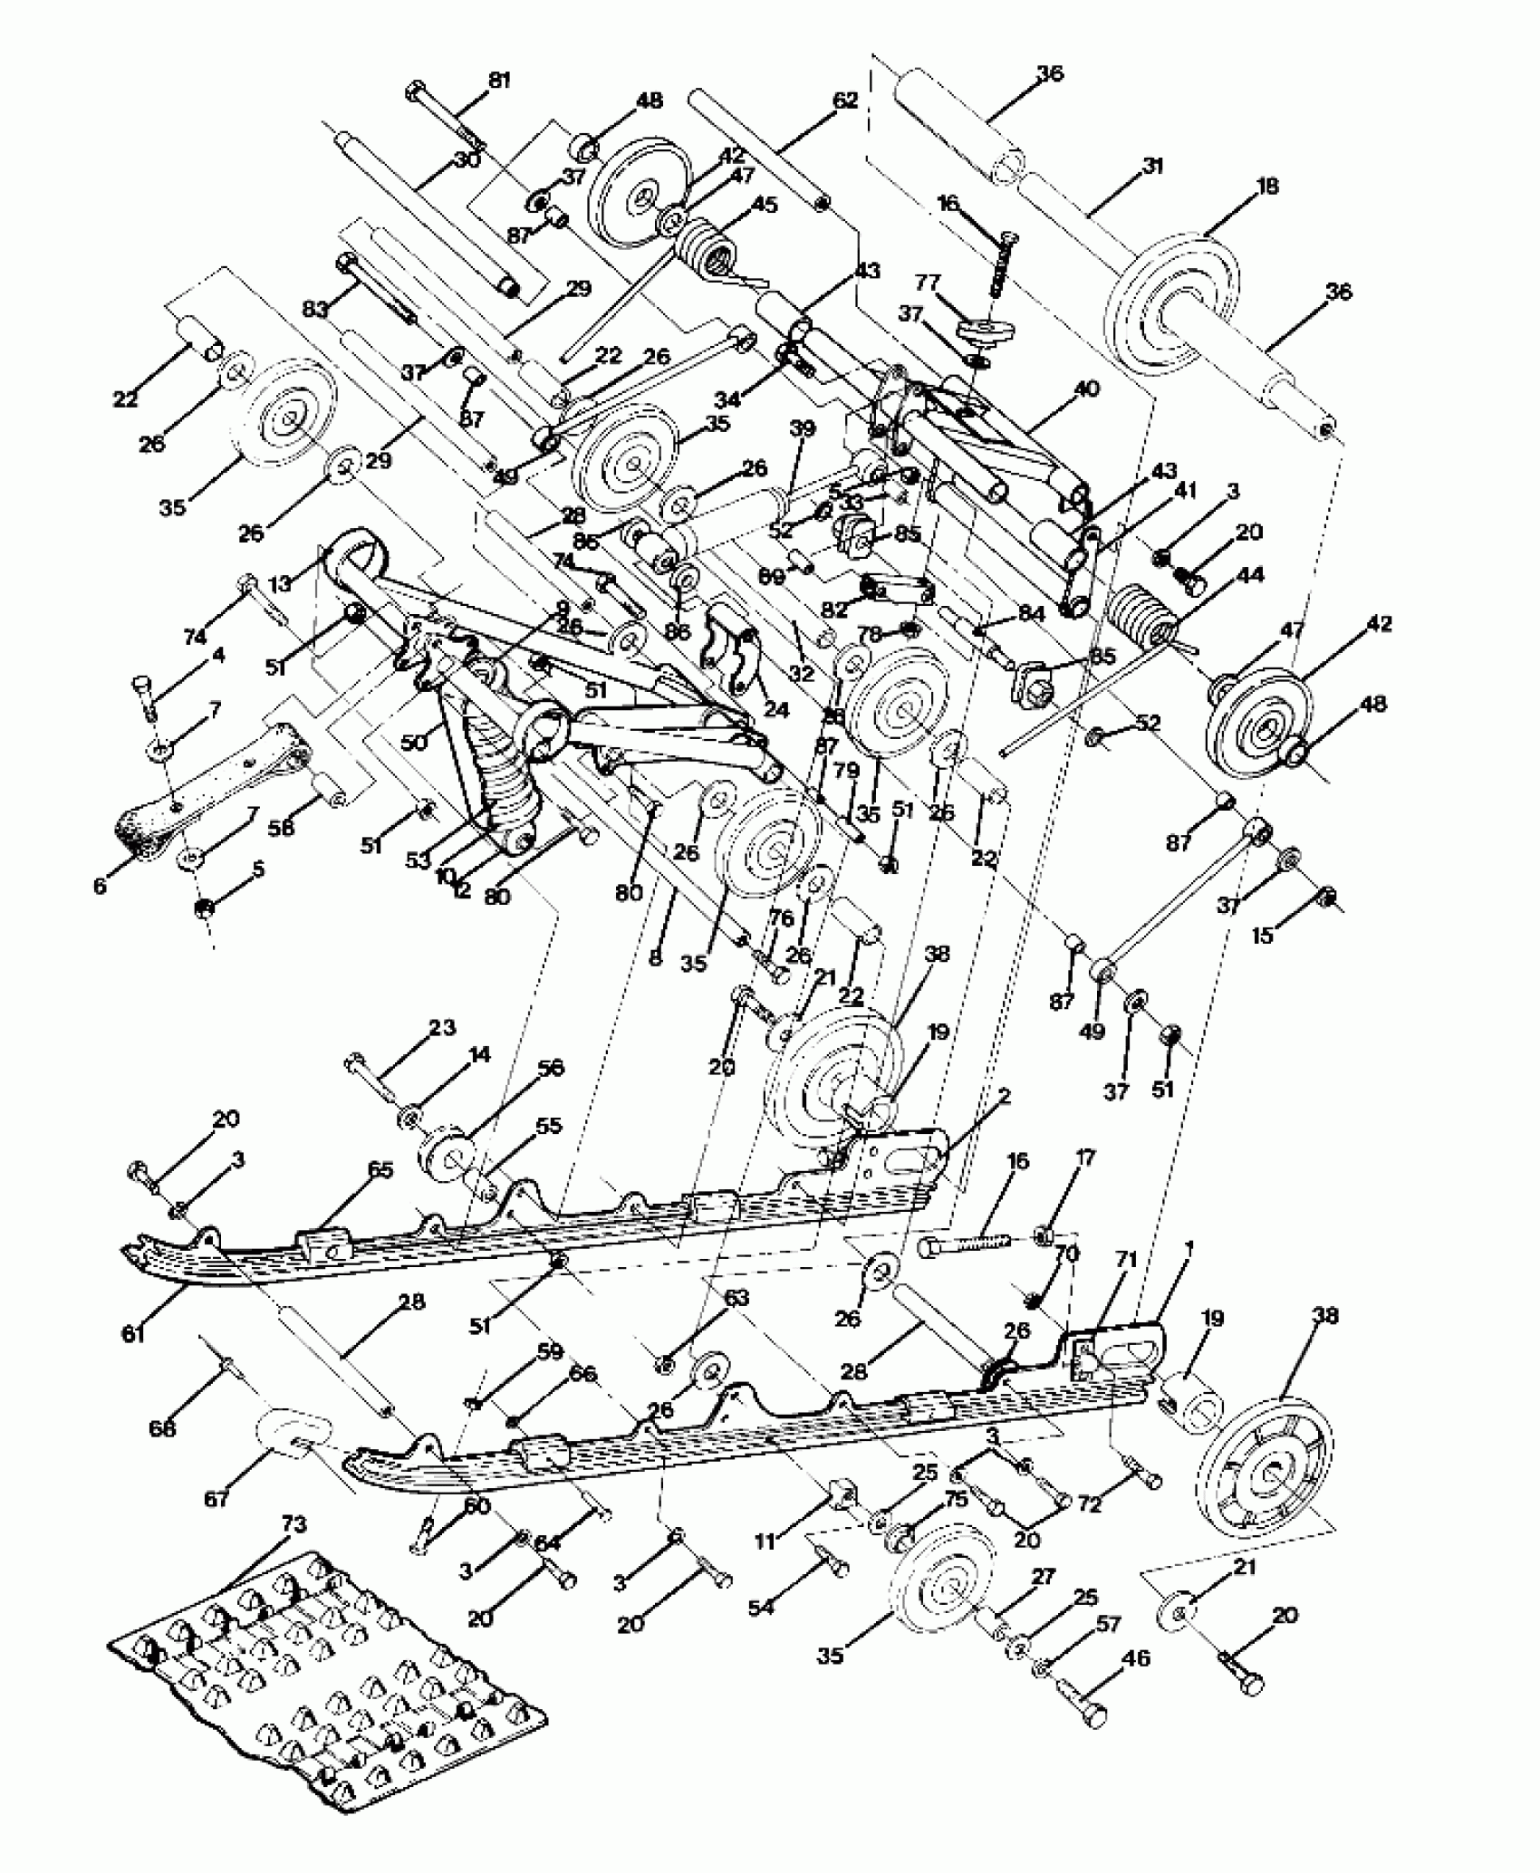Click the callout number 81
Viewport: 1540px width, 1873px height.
pyautogui.click(x=499, y=81)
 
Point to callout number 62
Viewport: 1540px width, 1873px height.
pyautogui.click(x=844, y=101)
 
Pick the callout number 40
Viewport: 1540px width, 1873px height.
pyautogui.click(x=1086, y=389)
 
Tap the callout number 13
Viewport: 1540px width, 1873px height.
pyautogui.click(x=280, y=583)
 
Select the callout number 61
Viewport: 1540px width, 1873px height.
pyautogui.click(x=133, y=1333)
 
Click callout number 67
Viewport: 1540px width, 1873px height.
pyautogui.click(x=216, y=1499)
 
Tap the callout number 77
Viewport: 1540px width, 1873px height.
pyautogui.click(x=927, y=283)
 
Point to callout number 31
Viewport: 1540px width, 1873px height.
pyautogui.click(x=1152, y=166)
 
